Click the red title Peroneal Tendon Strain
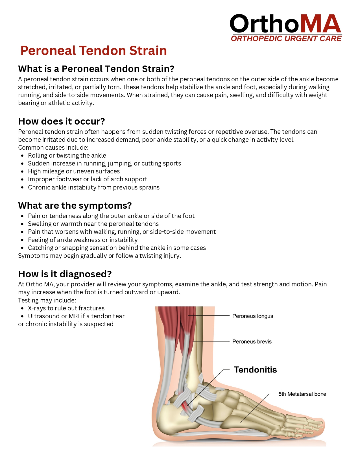[93, 51]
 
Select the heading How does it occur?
[62, 121]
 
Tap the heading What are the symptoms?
[75, 206]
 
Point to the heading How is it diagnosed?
[65, 274]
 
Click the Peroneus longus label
[253, 316]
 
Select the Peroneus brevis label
[252, 342]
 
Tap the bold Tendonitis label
[255, 370]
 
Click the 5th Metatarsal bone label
[302, 394]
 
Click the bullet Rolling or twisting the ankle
[67, 156]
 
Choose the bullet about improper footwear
[88, 179]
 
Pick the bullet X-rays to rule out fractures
[66, 308]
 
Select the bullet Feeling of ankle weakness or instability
[83, 240]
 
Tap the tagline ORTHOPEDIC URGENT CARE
[286, 39]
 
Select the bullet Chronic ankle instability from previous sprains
[94, 188]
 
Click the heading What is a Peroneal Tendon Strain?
[96, 69]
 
